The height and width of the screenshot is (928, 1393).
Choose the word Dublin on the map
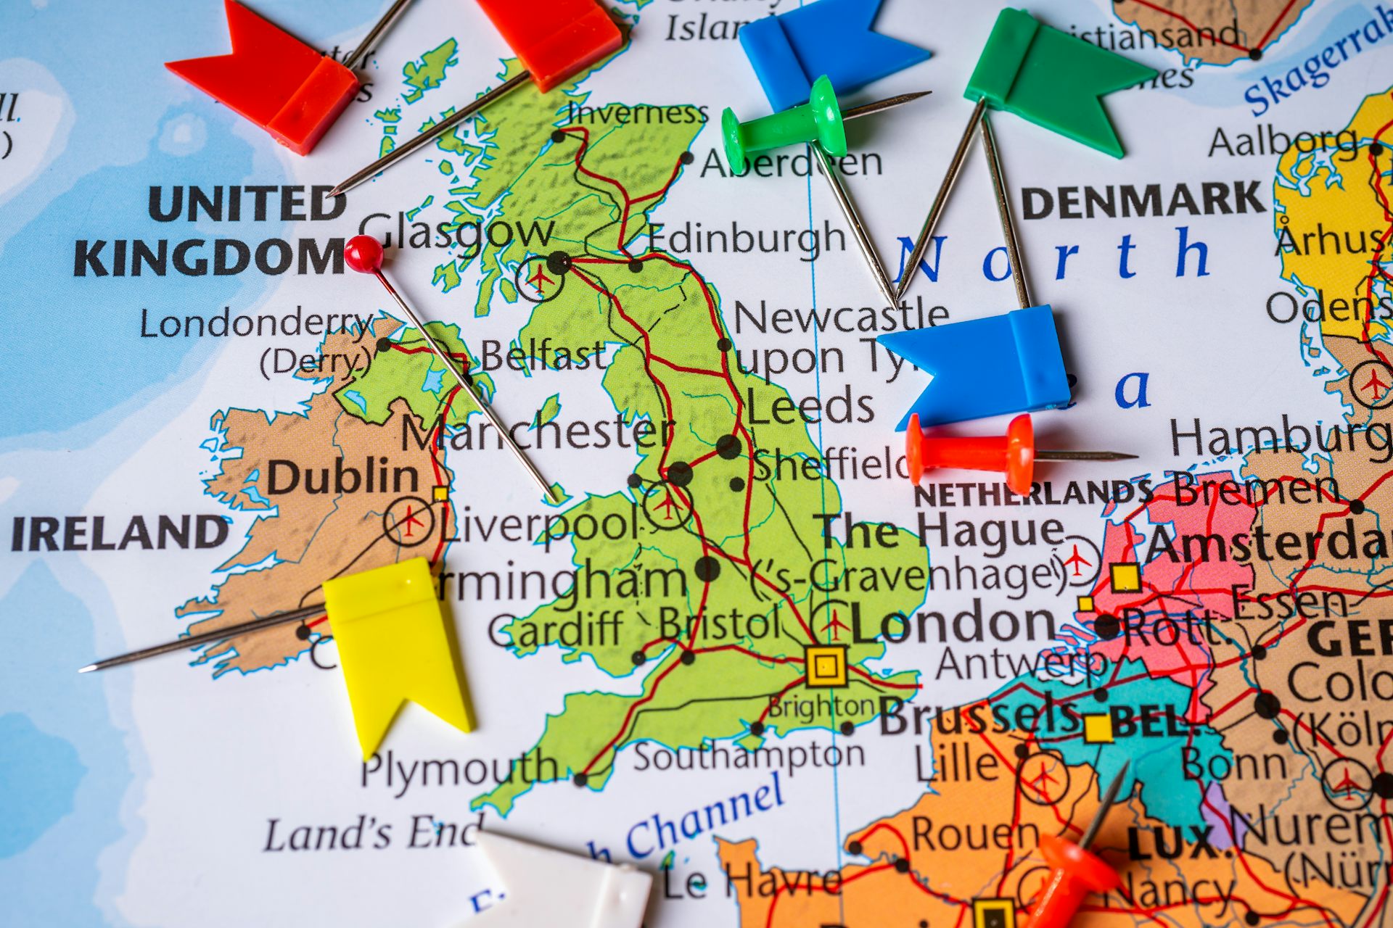(x=342, y=478)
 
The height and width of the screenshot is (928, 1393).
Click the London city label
(x=953, y=623)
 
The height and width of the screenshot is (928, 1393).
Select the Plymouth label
(x=459, y=769)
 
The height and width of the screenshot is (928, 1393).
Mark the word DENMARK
(x=1143, y=201)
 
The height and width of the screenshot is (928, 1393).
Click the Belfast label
(x=542, y=356)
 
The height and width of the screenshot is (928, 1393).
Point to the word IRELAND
(x=120, y=533)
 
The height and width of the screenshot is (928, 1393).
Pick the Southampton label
(x=749, y=756)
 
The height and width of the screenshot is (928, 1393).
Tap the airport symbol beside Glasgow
(x=538, y=278)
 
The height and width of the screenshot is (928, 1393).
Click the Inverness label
(x=637, y=113)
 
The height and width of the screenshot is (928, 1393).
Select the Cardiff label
(x=555, y=629)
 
